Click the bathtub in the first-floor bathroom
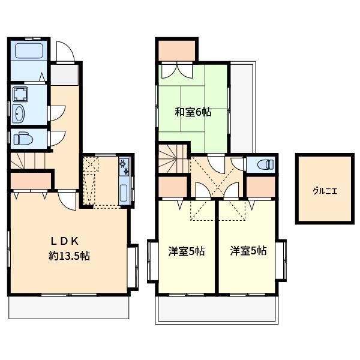coord(29,50)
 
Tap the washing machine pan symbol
coord(20,94)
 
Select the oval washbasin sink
coord(19,114)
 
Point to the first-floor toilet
coord(23,139)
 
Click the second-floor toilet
coord(266,164)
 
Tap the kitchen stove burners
coord(124,167)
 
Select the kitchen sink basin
coord(124,192)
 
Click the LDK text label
coord(65,241)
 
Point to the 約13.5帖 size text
coord(69,256)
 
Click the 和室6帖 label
coord(193,112)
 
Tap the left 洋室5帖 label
coord(187,251)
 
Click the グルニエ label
coord(325,191)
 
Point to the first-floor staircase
coord(28,161)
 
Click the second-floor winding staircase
coord(173,158)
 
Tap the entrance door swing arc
coord(65,51)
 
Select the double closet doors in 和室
coord(177,71)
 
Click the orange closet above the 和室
coord(177,50)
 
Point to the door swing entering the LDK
coord(67,200)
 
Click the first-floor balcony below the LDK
coord(68,307)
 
